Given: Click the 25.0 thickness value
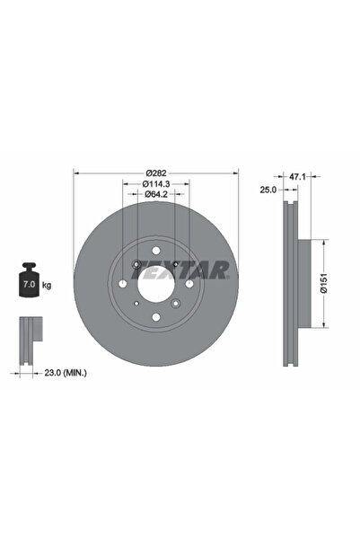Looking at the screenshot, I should click(268, 190).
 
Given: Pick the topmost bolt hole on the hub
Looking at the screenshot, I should click(154, 249).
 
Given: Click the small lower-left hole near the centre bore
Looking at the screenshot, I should click(135, 303).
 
